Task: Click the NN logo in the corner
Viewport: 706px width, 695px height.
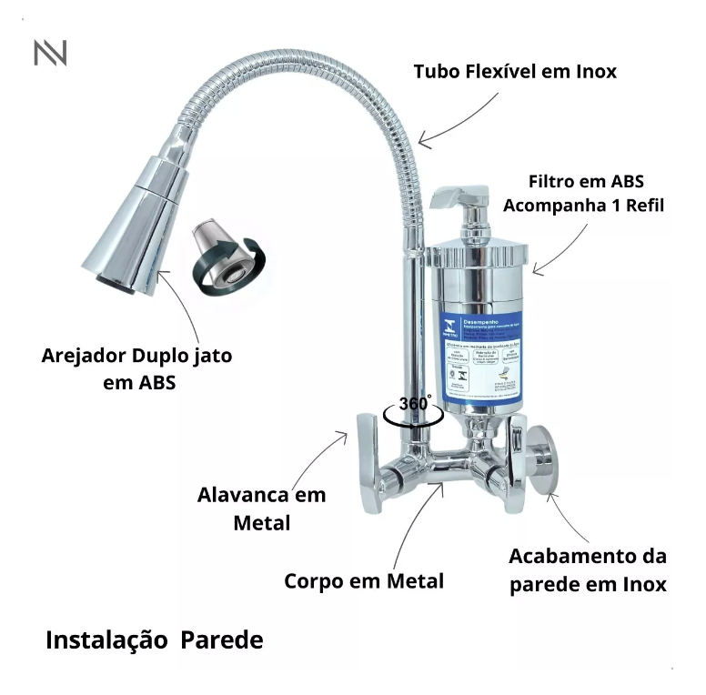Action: [50, 53]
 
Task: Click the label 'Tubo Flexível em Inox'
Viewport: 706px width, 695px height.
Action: [514, 71]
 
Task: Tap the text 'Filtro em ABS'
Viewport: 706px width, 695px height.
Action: [587, 181]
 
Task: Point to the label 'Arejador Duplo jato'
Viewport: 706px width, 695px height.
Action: [136, 356]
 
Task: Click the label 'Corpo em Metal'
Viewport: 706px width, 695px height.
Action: [364, 580]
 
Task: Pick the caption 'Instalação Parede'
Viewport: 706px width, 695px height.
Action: [155, 640]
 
